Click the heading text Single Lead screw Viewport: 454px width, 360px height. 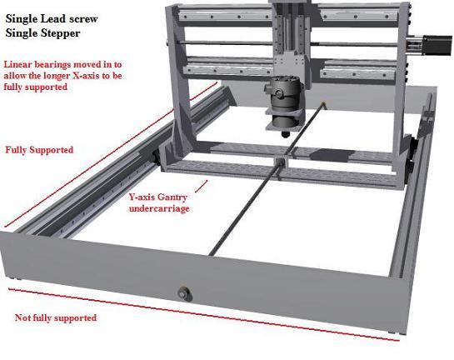52,19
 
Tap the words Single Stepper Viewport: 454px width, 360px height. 42,33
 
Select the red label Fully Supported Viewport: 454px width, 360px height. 39,150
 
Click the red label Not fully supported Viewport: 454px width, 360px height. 56,317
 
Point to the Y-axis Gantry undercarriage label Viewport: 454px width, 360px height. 159,202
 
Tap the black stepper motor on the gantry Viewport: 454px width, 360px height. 437,45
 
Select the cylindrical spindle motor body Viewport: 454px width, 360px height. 283,102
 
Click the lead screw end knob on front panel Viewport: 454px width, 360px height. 185,294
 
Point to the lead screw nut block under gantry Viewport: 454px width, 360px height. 281,162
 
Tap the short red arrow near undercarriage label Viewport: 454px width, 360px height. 202,186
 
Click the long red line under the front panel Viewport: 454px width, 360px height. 204,314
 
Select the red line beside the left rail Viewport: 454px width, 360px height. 110,155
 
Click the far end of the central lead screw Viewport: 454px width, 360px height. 324,103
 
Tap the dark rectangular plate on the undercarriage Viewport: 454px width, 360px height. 328,155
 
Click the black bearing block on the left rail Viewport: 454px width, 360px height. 157,157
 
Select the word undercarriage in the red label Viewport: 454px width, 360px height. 159,208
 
